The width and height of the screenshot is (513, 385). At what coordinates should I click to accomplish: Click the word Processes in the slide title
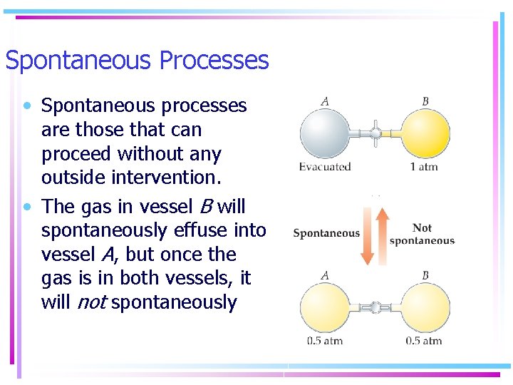[214, 61]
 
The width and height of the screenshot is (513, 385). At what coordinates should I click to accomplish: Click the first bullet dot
[26, 106]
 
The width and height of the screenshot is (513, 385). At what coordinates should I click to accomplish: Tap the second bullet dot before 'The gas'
[26, 207]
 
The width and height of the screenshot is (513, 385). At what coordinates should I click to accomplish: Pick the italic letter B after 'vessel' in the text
[205, 207]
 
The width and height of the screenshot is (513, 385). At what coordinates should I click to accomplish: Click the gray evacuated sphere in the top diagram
[324, 133]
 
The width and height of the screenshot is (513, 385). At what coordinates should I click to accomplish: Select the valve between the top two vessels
[375, 133]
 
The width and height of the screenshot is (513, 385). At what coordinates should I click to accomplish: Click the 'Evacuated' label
[325, 168]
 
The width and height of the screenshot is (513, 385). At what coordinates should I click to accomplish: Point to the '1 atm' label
[424, 168]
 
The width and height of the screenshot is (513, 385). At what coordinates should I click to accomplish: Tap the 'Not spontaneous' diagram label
[422, 234]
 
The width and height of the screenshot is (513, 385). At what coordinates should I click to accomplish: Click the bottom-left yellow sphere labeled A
[324, 308]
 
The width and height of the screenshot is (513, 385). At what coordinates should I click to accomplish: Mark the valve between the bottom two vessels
[375, 307]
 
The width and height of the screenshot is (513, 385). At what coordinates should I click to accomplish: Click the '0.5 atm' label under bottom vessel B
[424, 341]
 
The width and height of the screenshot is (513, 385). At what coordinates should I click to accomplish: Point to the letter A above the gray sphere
[325, 101]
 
